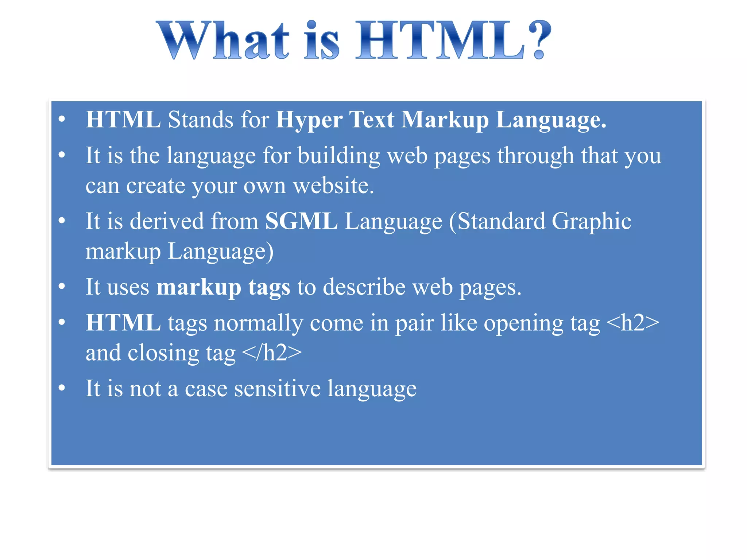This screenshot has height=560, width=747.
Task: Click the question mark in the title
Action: [x=539, y=40]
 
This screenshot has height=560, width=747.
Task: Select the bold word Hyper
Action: [x=309, y=120]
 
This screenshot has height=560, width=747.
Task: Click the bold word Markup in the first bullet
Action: [x=445, y=120]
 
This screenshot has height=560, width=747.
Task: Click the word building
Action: [x=339, y=156]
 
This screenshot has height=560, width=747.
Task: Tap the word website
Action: [x=333, y=186]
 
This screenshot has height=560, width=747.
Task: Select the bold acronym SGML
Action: [x=301, y=221]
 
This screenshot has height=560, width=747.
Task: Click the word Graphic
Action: [x=591, y=221]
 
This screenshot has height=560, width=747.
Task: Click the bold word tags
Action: [x=269, y=287]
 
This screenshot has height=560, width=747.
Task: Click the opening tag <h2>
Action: [x=632, y=323]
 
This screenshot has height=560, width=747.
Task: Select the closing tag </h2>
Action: [x=272, y=353]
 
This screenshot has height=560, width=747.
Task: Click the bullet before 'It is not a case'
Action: [x=62, y=388]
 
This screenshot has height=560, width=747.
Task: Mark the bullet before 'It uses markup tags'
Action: [x=62, y=287]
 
